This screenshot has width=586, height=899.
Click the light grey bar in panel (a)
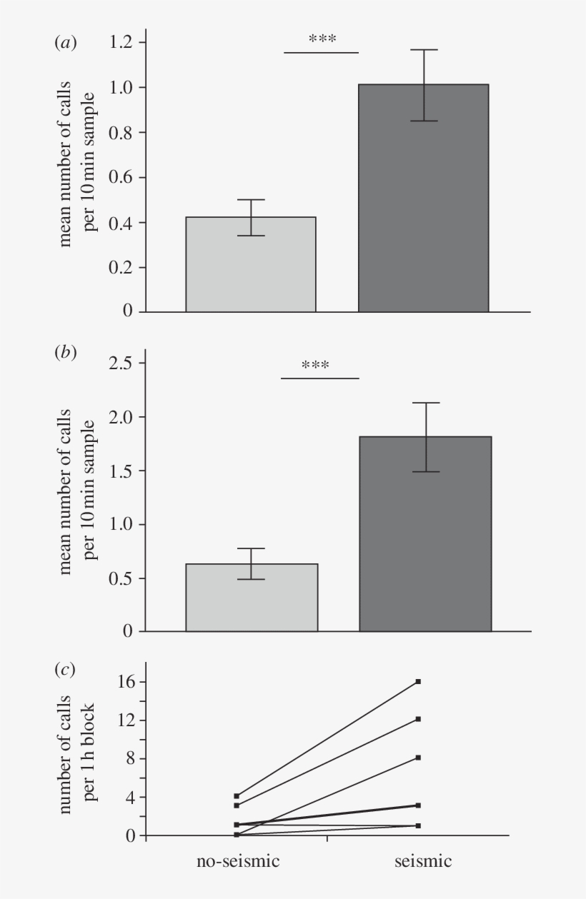[x=251, y=264]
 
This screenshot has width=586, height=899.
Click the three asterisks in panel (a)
[x=322, y=40]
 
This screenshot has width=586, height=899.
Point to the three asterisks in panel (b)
[x=315, y=366]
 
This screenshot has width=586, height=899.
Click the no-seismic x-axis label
[x=238, y=861]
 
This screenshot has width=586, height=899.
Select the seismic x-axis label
[x=423, y=861]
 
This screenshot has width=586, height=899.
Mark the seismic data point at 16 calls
[x=418, y=682]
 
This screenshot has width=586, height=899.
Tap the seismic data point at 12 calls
[x=418, y=719]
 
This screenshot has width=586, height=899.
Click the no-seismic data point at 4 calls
[x=237, y=795]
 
